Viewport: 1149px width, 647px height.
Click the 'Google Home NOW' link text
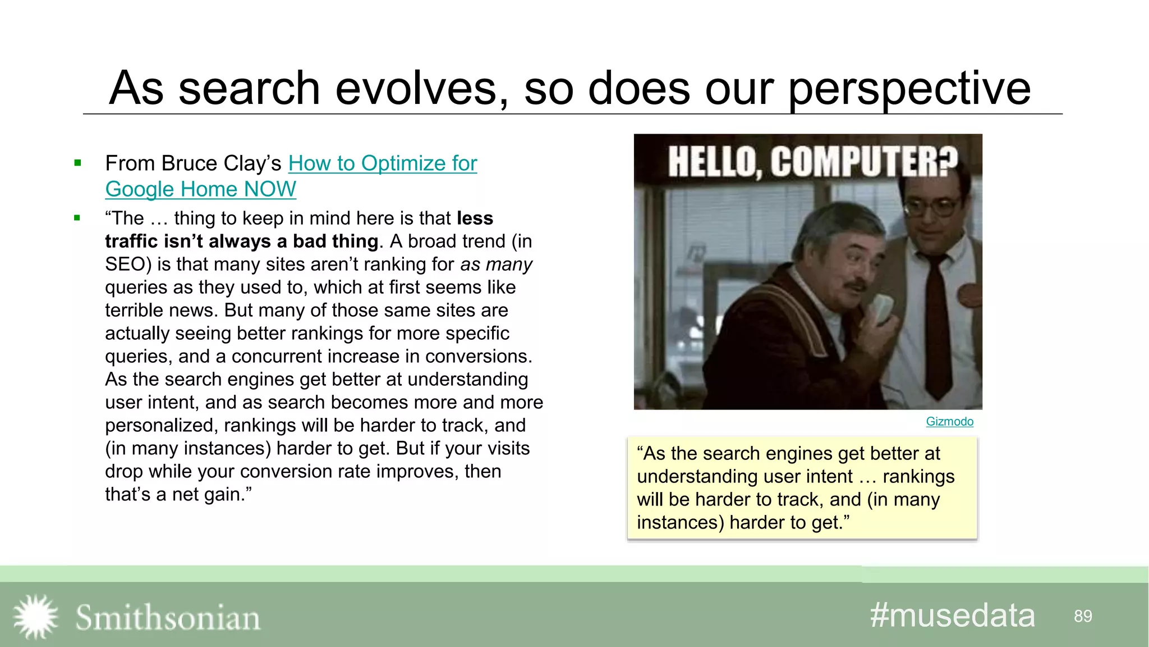click(200, 189)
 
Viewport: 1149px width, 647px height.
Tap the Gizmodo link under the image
click(949, 421)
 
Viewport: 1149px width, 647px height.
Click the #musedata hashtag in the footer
click(952, 616)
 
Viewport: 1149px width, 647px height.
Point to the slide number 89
click(1083, 616)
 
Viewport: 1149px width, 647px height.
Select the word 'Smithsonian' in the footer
click(168, 618)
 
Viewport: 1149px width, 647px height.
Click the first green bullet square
click(77, 163)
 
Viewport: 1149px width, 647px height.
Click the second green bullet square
click(77, 218)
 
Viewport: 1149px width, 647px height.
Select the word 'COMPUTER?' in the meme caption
click(863, 161)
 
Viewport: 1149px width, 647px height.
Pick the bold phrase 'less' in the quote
click(475, 218)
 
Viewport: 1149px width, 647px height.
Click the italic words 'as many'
click(496, 264)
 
